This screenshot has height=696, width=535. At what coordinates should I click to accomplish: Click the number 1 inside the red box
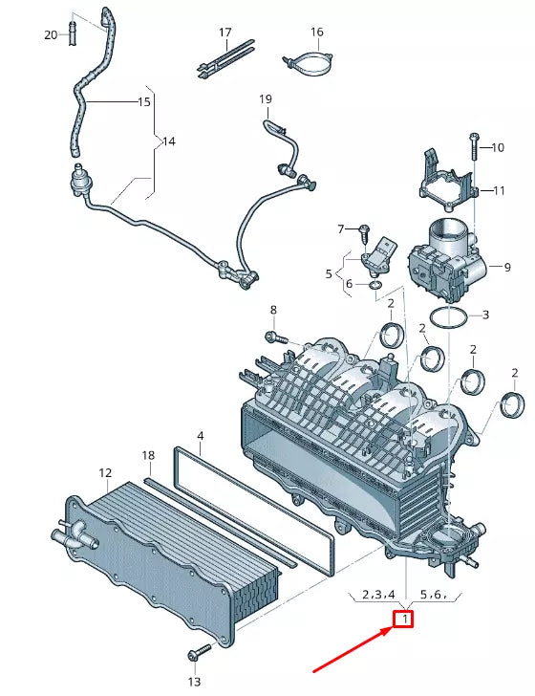point(405,620)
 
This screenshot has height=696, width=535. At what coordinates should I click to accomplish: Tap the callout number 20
point(51,35)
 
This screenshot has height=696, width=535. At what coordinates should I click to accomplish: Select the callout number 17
point(225,33)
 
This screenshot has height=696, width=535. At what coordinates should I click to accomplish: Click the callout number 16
point(316,33)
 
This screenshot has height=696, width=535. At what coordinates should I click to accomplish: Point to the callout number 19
point(266,99)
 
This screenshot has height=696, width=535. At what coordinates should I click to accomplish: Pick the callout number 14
point(168,141)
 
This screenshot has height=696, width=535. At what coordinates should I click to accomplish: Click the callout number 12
point(105,473)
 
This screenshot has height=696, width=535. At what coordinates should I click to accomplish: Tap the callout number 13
point(194,682)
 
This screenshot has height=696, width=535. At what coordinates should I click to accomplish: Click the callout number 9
point(507,266)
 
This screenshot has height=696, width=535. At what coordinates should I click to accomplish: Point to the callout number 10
point(498,147)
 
